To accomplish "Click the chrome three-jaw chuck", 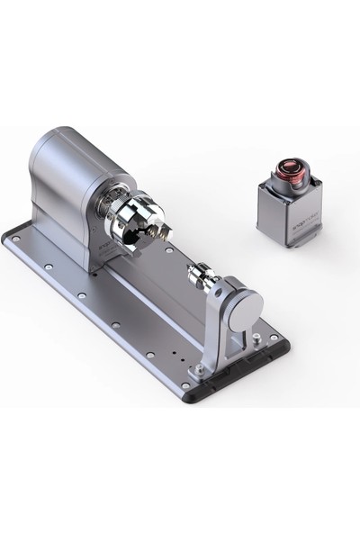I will point(135,220).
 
